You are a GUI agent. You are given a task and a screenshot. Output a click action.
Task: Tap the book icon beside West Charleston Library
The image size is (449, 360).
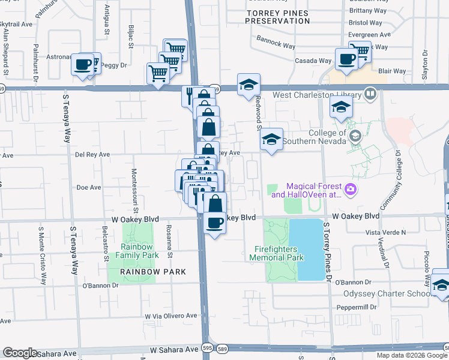[x=371, y=95]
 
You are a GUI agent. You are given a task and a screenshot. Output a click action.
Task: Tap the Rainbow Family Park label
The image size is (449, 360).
[x=139, y=251]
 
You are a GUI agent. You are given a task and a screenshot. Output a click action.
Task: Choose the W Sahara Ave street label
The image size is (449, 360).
[x=173, y=349]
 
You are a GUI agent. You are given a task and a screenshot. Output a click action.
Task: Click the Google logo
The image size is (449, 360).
[x=20, y=353]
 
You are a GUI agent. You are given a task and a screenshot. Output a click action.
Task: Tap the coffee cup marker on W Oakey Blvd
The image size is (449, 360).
[x=215, y=224]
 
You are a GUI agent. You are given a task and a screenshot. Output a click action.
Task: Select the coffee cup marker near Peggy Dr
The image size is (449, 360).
[x=83, y=64]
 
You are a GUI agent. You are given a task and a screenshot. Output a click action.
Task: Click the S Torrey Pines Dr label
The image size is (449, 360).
[x=328, y=252]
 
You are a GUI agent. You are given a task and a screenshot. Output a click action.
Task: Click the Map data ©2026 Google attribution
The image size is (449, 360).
[x=411, y=355]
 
